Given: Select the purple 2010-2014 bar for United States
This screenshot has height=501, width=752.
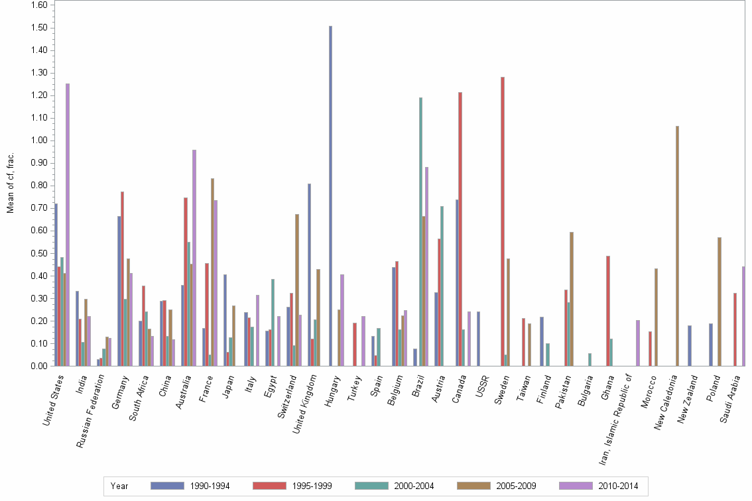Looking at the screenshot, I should click(x=68, y=225).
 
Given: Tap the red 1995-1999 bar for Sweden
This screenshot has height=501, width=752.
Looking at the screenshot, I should click(x=503, y=221).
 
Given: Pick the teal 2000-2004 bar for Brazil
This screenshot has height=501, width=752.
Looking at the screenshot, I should click(x=420, y=231).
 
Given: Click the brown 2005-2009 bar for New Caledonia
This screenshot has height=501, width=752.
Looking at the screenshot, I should click(x=677, y=246).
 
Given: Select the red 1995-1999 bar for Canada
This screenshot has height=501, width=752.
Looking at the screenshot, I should click(x=460, y=229).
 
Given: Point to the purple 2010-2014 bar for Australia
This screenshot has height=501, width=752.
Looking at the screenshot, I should click(x=194, y=258).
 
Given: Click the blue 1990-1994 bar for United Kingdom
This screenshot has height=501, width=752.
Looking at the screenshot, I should click(x=310, y=274).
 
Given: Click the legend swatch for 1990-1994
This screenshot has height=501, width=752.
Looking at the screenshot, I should click(x=167, y=486).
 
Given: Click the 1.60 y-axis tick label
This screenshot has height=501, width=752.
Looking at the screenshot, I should click(x=38, y=5).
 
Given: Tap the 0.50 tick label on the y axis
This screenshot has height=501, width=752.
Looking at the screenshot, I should click(x=38, y=253).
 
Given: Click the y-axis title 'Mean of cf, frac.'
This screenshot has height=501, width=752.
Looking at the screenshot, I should click(x=10, y=184).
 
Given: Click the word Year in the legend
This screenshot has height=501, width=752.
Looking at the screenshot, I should click(x=119, y=486).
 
